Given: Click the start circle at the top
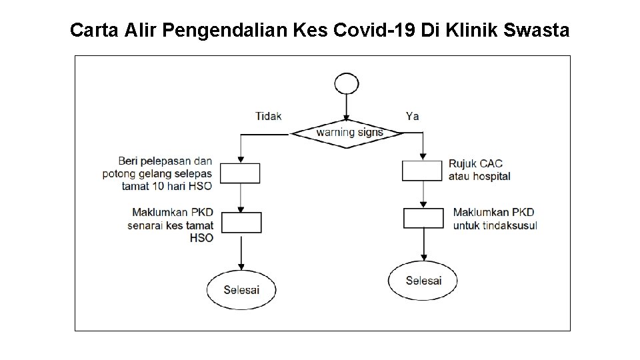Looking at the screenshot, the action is coord(346,84).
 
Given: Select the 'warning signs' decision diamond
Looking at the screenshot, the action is coord(349,133).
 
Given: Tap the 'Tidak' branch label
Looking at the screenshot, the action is coord(268,116).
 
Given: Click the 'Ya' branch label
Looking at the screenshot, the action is coord(413,116).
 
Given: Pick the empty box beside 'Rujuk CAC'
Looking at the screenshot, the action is coord(422,170).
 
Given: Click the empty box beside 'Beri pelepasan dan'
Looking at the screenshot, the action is coord(240,173).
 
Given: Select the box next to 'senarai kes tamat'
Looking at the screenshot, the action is coord(240,222).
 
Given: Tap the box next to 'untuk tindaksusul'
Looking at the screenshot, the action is coord(423,218).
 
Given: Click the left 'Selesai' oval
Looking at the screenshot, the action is coord(241,289).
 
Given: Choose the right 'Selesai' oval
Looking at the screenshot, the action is coord(423,280).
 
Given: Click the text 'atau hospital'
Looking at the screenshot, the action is coord(479,177).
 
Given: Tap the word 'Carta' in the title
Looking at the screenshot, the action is coord(93,30).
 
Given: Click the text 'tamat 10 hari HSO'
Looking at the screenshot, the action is coord(167,187).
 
